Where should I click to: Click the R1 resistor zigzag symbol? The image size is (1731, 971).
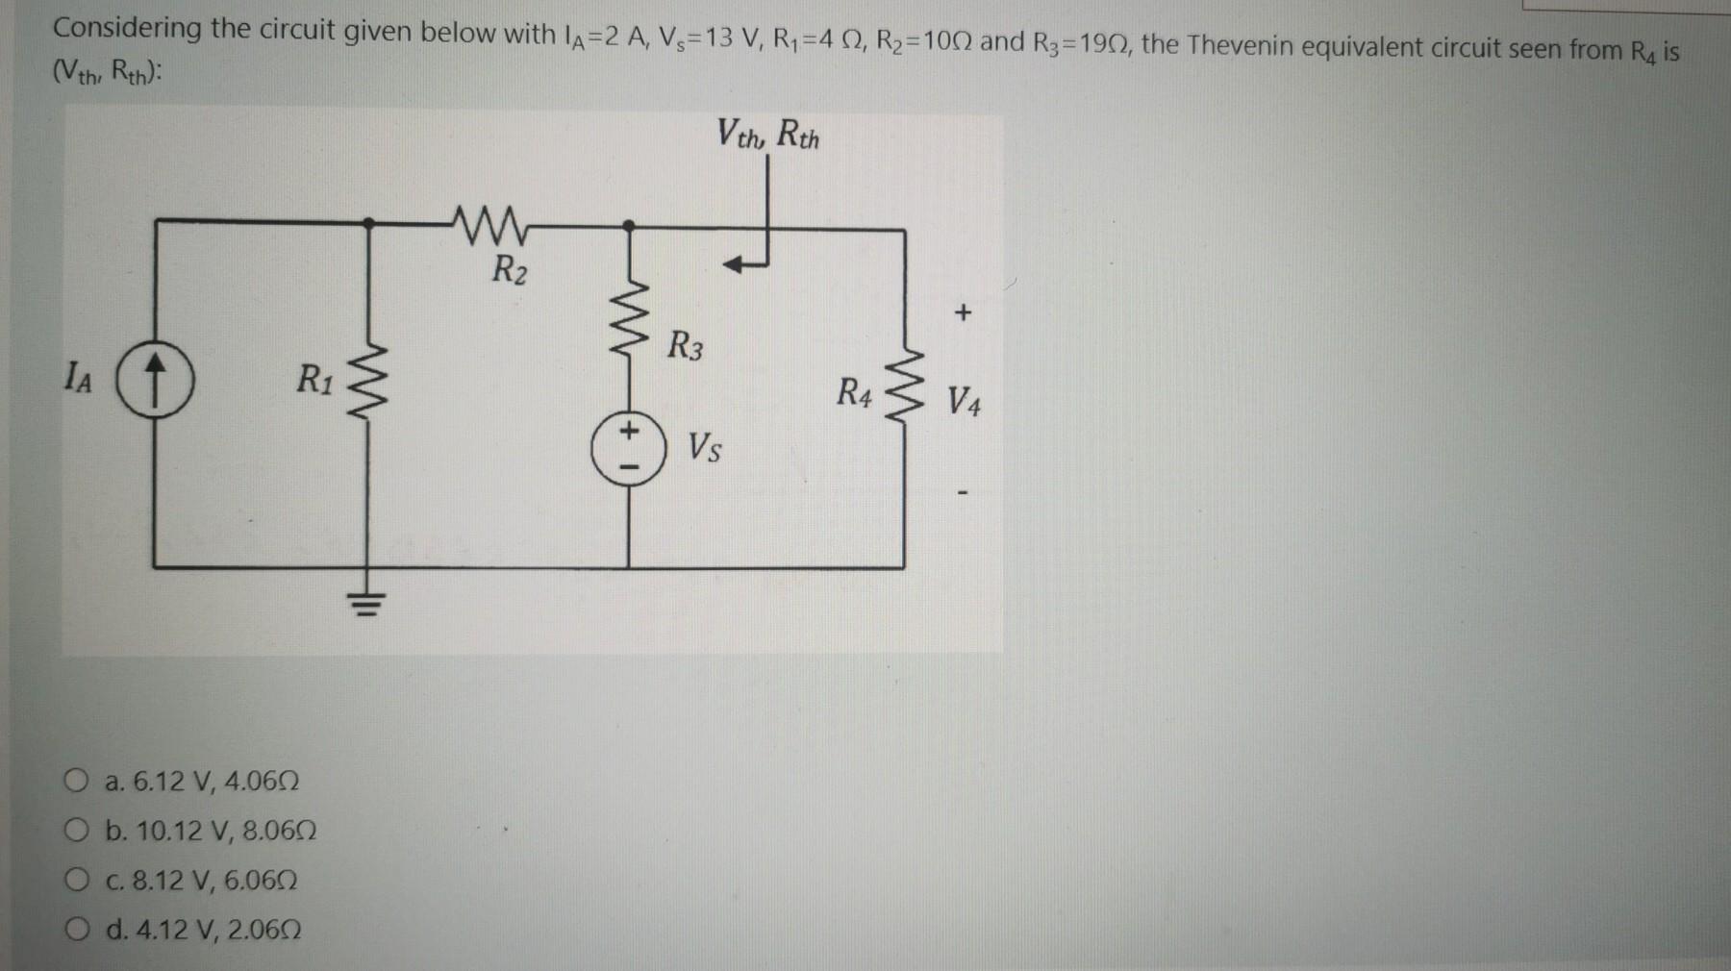[367, 389]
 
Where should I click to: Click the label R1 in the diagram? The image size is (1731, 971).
[314, 380]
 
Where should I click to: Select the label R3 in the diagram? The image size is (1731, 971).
[685, 345]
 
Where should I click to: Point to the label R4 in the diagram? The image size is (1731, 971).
[854, 392]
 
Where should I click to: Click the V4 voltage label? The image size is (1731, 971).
[964, 399]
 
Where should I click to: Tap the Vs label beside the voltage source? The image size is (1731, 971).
[705, 448]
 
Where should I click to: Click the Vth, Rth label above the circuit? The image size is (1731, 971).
[768, 134]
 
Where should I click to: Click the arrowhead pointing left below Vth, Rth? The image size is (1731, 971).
[735, 263]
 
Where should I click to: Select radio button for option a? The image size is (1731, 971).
[78, 781]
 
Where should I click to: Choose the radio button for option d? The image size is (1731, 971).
[78, 930]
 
